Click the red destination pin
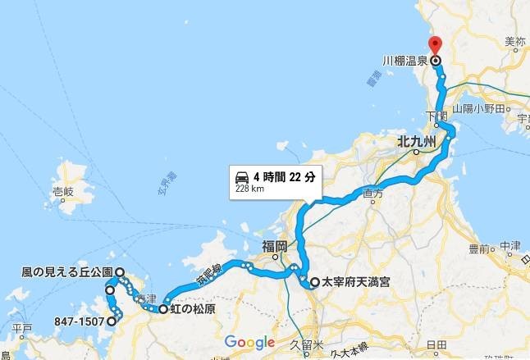pyautogui.click(x=434, y=46)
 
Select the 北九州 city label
pyautogui.click(x=414, y=141)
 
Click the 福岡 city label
pyautogui.click(x=275, y=246)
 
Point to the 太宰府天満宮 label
pyautogui.click(x=354, y=283)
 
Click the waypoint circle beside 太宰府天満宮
pyautogui.click(x=314, y=283)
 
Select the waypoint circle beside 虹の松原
pyautogui.click(x=163, y=310)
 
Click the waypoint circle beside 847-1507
pyautogui.click(x=111, y=321)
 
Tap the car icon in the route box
pyautogui.click(x=242, y=176)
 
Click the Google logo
pyautogui.click(x=249, y=342)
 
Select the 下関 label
pyautogui.click(x=436, y=116)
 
